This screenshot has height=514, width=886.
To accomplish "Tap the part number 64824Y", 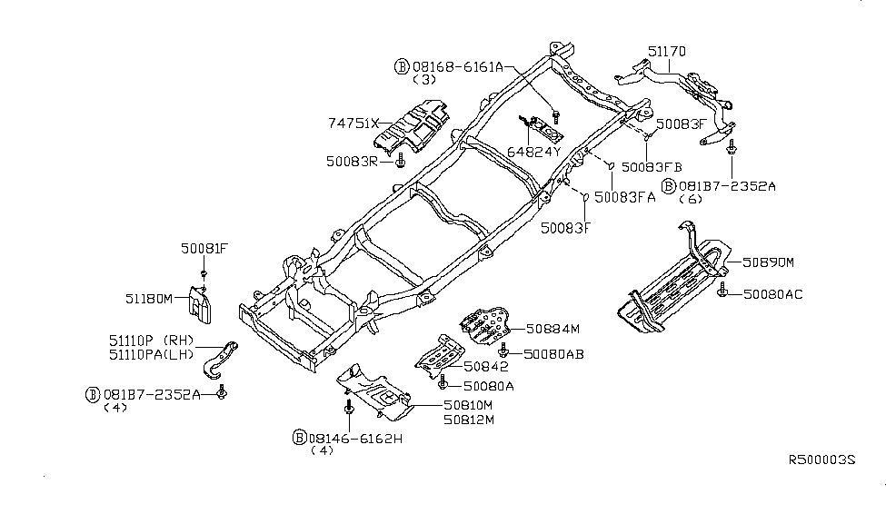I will click(x=533, y=152).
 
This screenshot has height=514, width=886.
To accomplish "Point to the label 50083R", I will click(x=350, y=160).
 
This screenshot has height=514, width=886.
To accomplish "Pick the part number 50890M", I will click(x=767, y=262).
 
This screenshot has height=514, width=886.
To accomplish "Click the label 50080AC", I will click(x=772, y=294).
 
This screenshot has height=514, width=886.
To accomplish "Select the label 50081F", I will click(x=204, y=247).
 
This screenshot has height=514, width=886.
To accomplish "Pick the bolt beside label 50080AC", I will click(x=722, y=290).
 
